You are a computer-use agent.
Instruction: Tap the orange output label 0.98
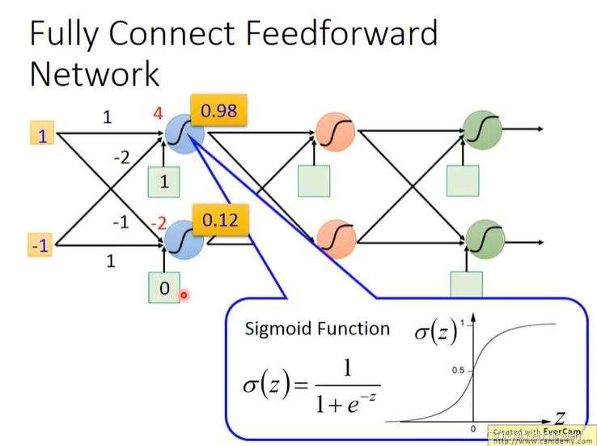219,110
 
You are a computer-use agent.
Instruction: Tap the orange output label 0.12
219,219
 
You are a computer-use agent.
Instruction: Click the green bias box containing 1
164,181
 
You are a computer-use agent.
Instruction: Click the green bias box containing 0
165,287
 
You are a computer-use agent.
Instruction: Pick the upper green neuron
482,129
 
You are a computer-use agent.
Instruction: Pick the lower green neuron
484,238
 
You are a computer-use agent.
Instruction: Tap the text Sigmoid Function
317,329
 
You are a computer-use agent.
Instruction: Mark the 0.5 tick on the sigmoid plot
458,371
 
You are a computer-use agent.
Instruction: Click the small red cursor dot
184,295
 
